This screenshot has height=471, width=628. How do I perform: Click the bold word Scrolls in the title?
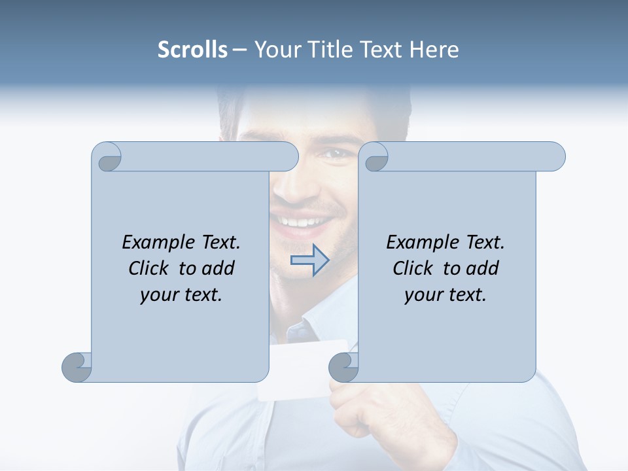(192, 50)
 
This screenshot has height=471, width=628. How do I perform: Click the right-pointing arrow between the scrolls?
(309, 260)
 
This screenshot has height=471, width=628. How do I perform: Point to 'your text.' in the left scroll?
(181, 294)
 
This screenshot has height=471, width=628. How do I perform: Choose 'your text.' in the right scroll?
(445, 294)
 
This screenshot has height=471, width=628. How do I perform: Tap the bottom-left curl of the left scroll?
(76, 366)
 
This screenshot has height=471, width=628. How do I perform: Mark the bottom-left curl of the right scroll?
(343, 366)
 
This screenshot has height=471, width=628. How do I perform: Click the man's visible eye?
(335, 154)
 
